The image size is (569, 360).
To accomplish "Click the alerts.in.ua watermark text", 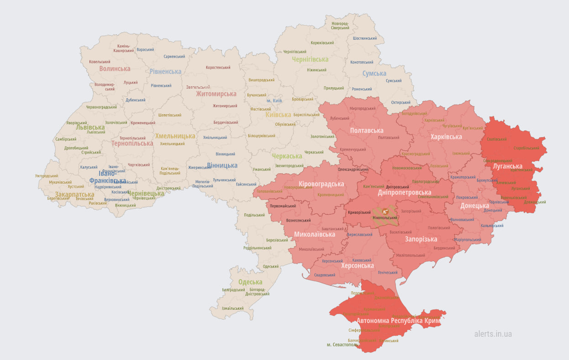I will [x=493, y=334].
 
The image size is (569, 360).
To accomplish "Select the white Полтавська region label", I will [x=366, y=131].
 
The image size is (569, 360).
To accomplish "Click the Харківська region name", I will [x=446, y=137].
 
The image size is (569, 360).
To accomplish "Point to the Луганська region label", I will [x=507, y=166].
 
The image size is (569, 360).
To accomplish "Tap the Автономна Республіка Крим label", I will [x=399, y=321].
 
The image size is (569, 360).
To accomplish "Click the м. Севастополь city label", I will [x=342, y=344].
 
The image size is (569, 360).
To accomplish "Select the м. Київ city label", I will [x=274, y=101].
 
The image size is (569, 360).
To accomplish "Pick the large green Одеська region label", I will [x=250, y=282].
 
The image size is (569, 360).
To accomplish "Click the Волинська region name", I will [x=115, y=69].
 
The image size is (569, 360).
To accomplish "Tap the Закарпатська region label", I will [x=74, y=194].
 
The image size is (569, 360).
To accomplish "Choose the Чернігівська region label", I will [x=310, y=59].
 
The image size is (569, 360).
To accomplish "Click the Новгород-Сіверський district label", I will [x=340, y=26].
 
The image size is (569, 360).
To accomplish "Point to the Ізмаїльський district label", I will [x=233, y=308].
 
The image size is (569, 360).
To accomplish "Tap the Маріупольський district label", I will [x=468, y=239].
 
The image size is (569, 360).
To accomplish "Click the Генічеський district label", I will [x=388, y=272].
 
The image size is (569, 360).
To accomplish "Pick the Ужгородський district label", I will [x=47, y=176].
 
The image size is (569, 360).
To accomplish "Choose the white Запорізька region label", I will [x=421, y=239].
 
